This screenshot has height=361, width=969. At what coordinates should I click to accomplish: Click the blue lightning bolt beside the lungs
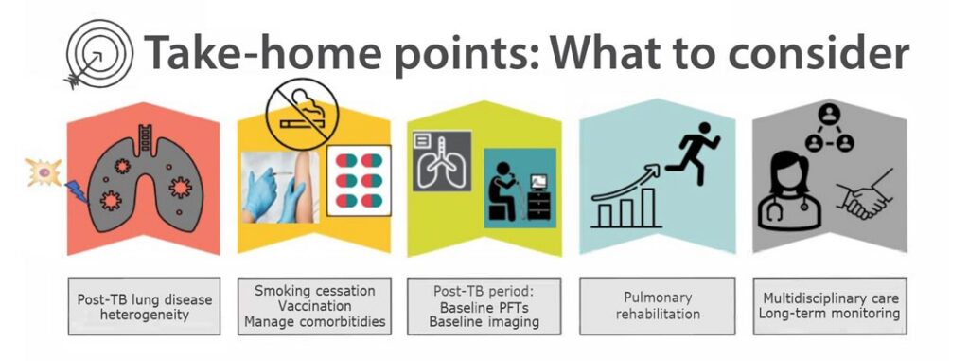pos(76,191)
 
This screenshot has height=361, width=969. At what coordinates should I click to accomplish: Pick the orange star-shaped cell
pos(43,171)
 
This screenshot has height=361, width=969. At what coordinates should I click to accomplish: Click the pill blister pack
pos(359,180)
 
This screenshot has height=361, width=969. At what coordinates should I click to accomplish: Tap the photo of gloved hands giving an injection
pos(280,187)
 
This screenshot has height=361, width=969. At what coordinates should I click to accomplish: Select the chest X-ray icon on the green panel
pos(442,160)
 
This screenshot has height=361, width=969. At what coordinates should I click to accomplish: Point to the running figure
pos(693,153)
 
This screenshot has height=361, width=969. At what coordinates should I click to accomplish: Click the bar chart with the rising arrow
pos(626,197)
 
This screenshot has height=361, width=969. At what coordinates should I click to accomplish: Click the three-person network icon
pos(829,130)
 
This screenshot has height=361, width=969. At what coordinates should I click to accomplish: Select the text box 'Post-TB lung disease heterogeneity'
pos(144,306)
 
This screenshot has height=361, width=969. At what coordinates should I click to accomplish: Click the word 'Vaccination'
pos(314,306)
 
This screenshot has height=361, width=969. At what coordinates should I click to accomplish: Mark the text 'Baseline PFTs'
pos(484,306)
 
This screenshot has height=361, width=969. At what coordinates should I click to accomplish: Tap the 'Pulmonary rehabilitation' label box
pos(657,306)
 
